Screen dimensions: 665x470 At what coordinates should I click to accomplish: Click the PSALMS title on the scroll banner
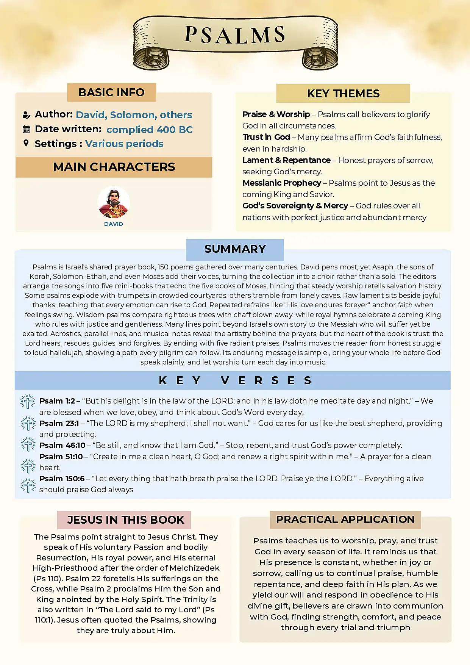click(x=235, y=35)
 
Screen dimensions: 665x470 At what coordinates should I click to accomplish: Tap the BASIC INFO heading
click(x=111, y=92)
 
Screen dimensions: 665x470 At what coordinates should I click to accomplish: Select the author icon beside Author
click(x=26, y=115)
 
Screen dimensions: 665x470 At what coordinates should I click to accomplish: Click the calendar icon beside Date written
click(x=26, y=129)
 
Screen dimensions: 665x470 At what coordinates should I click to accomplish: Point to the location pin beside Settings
click(x=26, y=143)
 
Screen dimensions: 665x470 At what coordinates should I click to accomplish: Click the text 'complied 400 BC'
click(x=149, y=130)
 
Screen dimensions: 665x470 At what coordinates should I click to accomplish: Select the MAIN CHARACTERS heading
click(x=114, y=167)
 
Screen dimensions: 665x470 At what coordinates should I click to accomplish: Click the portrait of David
click(x=114, y=202)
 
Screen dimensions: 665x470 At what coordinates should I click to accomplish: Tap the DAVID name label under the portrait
click(x=114, y=224)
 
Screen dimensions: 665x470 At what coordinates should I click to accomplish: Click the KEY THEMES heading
click(x=343, y=94)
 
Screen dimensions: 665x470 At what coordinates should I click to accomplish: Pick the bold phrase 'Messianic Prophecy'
click(x=282, y=183)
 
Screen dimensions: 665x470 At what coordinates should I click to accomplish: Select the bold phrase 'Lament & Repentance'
click(x=286, y=160)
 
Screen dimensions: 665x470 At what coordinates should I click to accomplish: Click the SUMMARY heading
click(x=235, y=249)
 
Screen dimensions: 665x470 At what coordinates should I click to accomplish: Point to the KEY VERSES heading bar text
click(x=235, y=380)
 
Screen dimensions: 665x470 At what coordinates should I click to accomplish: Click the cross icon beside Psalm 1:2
click(x=28, y=402)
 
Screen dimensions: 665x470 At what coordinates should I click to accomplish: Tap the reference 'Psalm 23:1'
click(x=59, y=423)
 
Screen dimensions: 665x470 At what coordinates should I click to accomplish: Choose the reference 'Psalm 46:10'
click(x=62, y=445)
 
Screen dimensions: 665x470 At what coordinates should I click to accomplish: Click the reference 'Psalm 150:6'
click(x=62, y=479)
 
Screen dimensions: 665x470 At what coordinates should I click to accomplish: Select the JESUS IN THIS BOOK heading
click(x=125, y=520)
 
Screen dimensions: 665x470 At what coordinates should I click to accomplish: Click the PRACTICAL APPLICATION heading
click(x=345, y=519)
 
